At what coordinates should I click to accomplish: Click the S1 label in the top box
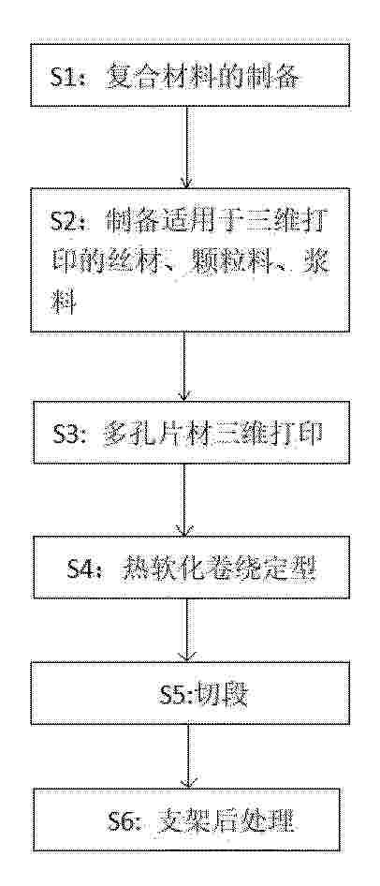pyautogui.click(x=65, y=77)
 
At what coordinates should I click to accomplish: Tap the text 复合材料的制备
pyautogui.click(x=200, y=76)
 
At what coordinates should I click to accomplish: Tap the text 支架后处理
pyautogui.click(x=226, y=820)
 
